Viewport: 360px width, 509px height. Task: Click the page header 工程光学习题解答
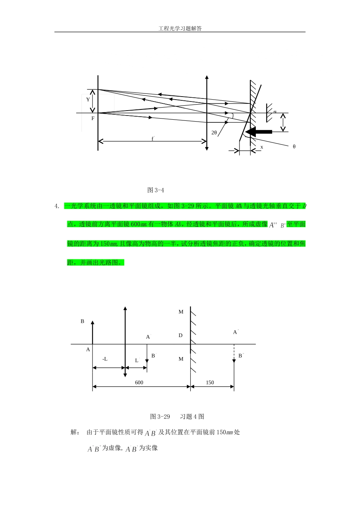180,28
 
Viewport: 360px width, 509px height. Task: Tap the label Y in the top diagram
88,100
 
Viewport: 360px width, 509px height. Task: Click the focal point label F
93,119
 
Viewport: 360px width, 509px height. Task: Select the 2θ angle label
214,133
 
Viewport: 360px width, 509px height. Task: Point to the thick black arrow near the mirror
259,132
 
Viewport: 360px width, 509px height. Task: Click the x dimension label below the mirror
261,147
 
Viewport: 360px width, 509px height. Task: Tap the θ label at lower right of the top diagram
294,147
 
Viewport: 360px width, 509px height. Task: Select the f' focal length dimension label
153,139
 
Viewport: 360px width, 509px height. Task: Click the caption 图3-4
155,190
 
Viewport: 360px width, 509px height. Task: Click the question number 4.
56,206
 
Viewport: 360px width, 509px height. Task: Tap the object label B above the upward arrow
82,321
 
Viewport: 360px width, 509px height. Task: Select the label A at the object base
88,350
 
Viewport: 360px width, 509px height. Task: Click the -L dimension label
105,359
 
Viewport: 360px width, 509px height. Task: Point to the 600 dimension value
139,383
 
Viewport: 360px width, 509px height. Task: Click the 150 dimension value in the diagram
210,383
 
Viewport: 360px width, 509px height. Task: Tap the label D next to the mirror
181,336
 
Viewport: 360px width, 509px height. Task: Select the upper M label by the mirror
181,312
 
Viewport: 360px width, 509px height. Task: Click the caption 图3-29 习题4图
177,417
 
